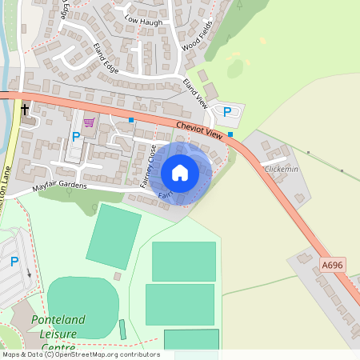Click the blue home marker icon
point(180,172)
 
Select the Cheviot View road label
point(200,130)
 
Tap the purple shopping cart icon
point(89,122)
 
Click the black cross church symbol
point(25,109)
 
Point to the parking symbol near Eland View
point(226,112)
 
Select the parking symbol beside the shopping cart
point(76,136)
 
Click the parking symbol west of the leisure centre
point(14,262)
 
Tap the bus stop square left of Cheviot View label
point(131,120)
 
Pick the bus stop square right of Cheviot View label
point(230,134)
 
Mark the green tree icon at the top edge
point(239,5)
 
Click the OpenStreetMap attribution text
point(80,354)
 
